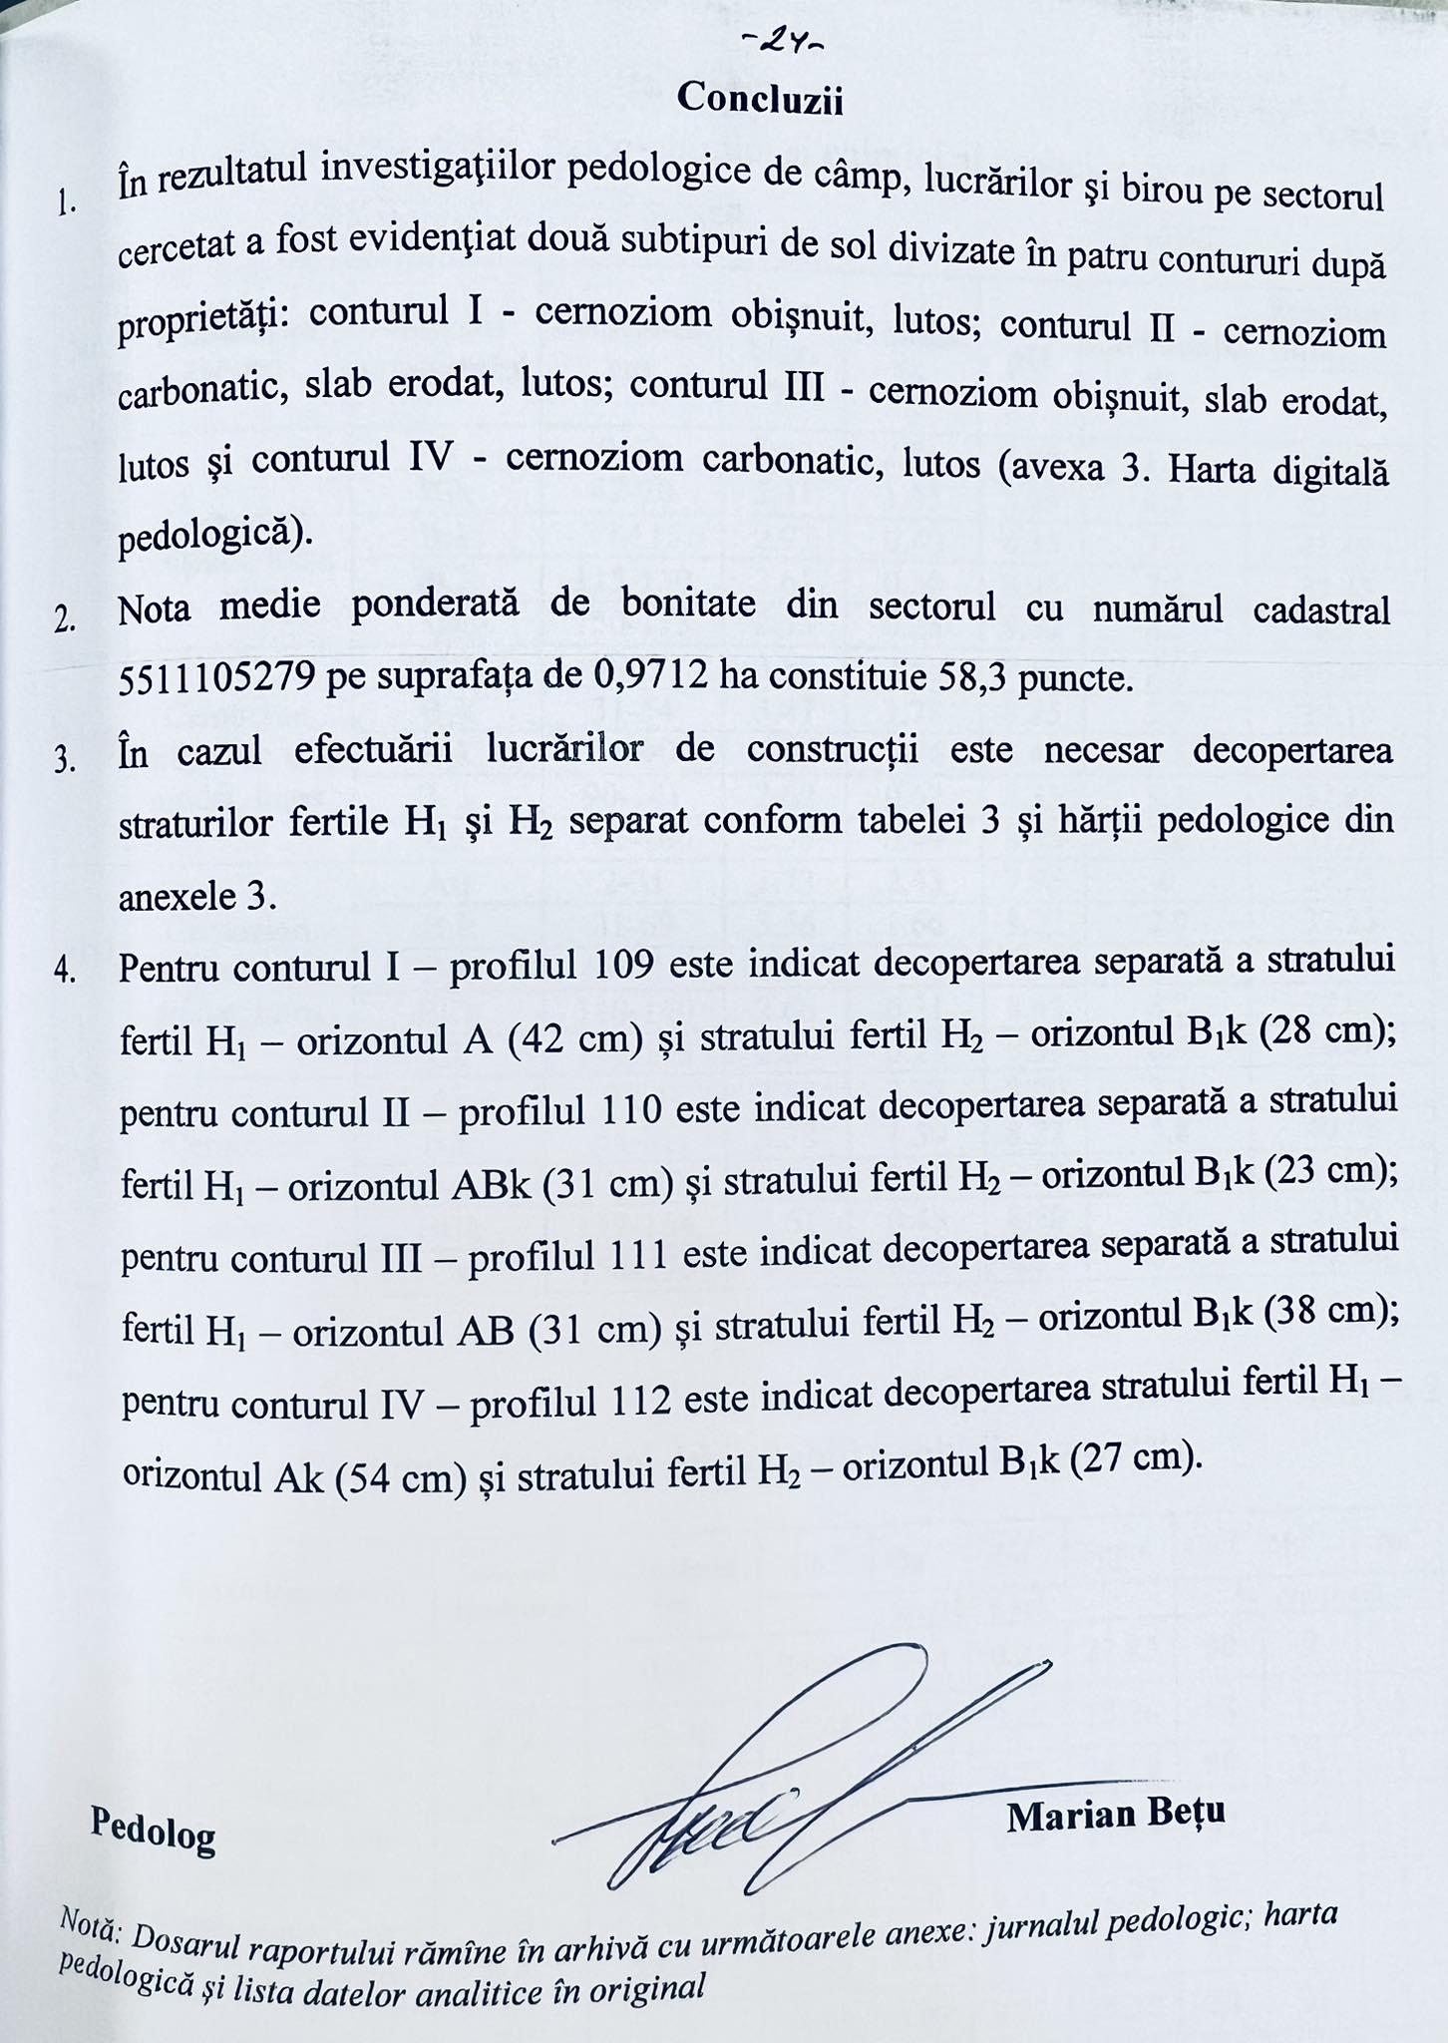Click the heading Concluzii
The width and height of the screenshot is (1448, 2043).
[760, 99]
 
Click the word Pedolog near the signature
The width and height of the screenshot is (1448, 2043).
[153, 1829]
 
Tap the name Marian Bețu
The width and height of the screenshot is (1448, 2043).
[1116, 1814]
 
